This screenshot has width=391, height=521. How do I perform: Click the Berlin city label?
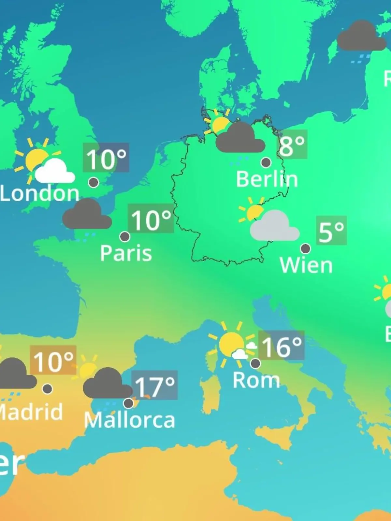267,179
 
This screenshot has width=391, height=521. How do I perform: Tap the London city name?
40,193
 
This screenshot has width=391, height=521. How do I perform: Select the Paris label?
126,253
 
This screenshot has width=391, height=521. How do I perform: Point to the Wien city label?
306,265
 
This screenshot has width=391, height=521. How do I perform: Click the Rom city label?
256,380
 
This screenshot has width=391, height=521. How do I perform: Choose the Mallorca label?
129,420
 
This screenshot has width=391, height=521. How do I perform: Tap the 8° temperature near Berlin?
292,145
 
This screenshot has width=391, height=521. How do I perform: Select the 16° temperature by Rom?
281,346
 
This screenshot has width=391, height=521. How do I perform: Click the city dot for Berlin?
266,162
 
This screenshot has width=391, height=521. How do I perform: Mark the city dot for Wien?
305,248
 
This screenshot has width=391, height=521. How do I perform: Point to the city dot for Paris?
125,236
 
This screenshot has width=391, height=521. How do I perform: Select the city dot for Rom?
255,363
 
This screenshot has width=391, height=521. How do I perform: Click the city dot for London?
94,182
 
